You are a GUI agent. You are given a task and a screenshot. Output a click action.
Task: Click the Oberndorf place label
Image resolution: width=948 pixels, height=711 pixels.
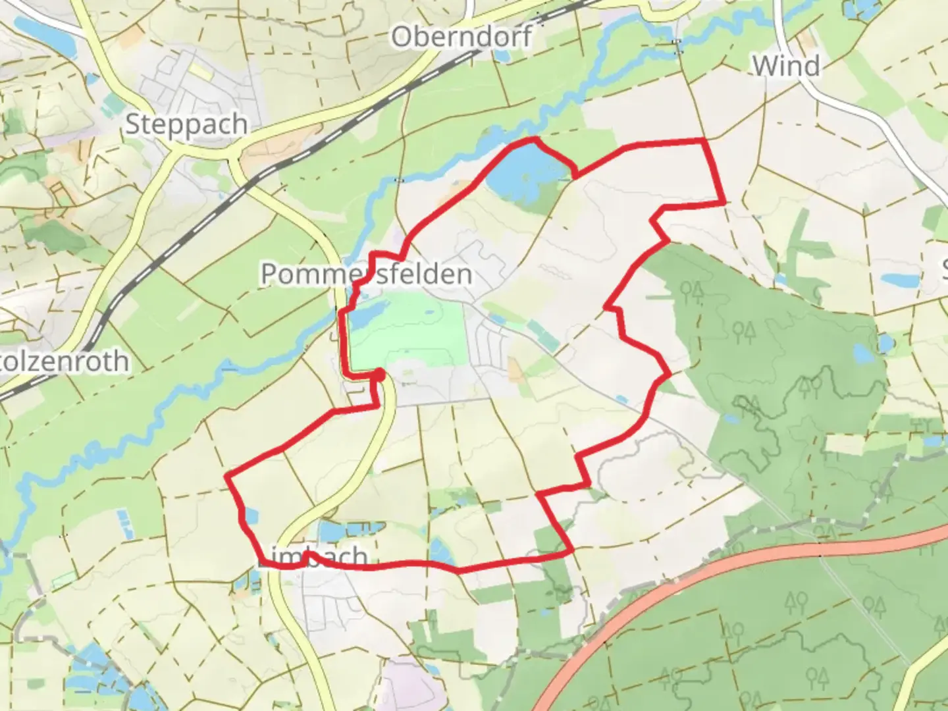461,37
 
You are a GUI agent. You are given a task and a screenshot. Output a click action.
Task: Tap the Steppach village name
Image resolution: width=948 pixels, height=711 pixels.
186,124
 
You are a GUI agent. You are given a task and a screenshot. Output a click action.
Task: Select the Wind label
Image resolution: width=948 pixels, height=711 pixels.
786,66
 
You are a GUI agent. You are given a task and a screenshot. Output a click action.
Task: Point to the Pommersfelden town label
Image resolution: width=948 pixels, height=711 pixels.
366,274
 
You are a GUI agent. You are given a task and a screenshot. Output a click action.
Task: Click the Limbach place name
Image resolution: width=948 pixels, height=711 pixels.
312,558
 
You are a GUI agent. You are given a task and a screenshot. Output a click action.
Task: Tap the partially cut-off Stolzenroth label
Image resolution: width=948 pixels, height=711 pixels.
65,361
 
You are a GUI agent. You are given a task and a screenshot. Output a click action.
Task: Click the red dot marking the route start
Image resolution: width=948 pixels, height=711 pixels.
379,375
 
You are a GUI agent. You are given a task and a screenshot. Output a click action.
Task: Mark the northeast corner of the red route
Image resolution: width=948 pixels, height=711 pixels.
704,140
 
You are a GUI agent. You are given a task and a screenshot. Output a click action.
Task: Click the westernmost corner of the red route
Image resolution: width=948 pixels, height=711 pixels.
227,475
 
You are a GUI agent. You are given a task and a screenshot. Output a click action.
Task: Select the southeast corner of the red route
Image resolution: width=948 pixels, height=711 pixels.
570,552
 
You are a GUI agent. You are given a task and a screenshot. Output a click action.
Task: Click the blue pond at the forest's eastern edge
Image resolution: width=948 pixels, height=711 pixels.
886,343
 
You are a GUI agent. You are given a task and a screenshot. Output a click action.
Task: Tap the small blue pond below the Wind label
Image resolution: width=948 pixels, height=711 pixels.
900,280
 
